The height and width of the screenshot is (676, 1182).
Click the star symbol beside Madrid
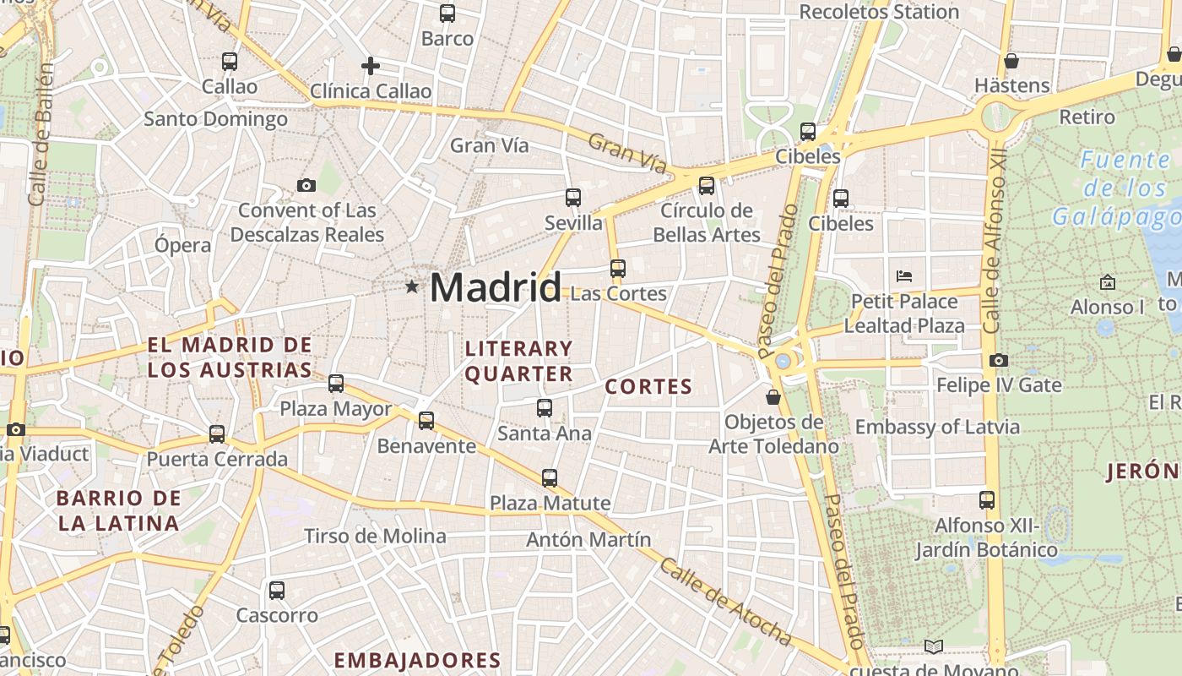412,286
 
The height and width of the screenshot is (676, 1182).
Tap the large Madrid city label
496,288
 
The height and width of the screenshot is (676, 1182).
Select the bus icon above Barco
447,14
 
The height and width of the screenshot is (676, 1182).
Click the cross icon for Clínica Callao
370,65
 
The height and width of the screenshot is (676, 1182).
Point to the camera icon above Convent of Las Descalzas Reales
306,185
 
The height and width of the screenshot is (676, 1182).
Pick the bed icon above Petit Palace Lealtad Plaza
904,275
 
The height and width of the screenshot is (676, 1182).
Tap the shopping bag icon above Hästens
1011,61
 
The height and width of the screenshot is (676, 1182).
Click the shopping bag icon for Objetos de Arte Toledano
773,396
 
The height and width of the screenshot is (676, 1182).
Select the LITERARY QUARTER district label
518,361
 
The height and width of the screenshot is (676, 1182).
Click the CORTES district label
648,387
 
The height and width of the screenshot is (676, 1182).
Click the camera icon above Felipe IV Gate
998,360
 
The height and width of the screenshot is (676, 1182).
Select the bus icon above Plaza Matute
550,477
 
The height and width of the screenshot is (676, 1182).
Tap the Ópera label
182,245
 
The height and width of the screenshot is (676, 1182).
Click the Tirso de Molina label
375,536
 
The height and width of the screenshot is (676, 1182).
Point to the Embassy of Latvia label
937,427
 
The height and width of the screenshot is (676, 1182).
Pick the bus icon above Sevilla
573,198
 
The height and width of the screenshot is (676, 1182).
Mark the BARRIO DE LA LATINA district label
119,510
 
